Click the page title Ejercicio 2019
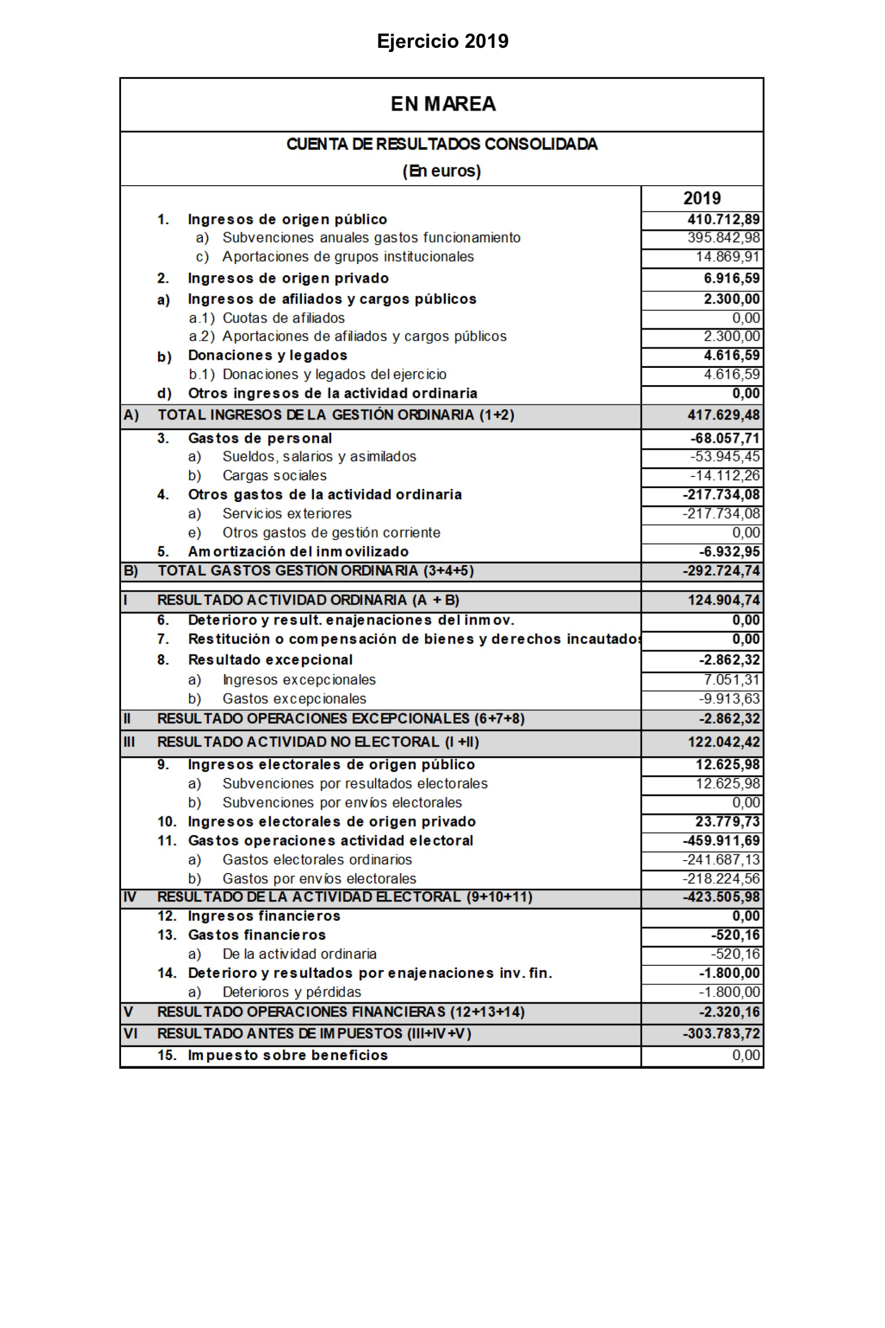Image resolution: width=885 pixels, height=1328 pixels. point(442,41)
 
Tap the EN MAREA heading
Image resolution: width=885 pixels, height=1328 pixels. point(443,104)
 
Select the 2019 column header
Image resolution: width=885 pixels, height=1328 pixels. point(702,198)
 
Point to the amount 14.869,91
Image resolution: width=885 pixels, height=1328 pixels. point(728,257)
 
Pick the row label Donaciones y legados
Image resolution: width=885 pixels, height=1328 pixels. point(267,355)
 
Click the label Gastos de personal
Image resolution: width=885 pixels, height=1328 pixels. point(260,439)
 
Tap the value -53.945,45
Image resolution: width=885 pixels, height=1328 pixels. point(725,456)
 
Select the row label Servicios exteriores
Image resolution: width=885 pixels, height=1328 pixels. point(287,514)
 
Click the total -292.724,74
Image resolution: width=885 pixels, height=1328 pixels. point(721,571)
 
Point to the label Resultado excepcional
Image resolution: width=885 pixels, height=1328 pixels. point(270,660)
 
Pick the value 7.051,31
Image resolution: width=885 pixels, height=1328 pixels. point(731,680)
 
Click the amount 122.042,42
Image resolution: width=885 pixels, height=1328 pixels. point(724,742)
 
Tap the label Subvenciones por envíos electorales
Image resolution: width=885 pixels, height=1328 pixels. point(342,803)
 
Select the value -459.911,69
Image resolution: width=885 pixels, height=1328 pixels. point(721,841)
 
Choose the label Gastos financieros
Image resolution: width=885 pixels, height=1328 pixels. point(257,935)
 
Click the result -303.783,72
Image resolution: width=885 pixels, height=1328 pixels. point(721,1034)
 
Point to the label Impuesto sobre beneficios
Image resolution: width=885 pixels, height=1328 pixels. point(288,1055)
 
